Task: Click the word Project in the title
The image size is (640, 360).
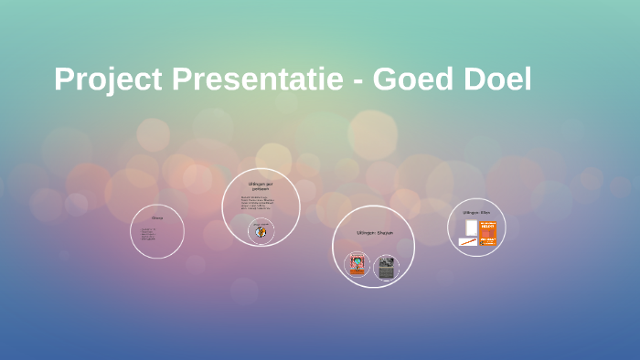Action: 108,80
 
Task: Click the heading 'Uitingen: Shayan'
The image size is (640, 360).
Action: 374,233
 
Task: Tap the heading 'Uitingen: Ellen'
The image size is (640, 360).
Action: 476,212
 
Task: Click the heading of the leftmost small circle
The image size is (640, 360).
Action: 157,217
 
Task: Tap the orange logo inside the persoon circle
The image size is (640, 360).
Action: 261,232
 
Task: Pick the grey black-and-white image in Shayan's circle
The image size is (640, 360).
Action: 387,268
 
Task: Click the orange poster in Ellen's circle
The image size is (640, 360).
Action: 487,233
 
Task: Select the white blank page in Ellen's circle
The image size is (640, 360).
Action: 470,228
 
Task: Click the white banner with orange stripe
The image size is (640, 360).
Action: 468,242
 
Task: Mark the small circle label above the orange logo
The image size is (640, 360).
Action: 261,222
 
